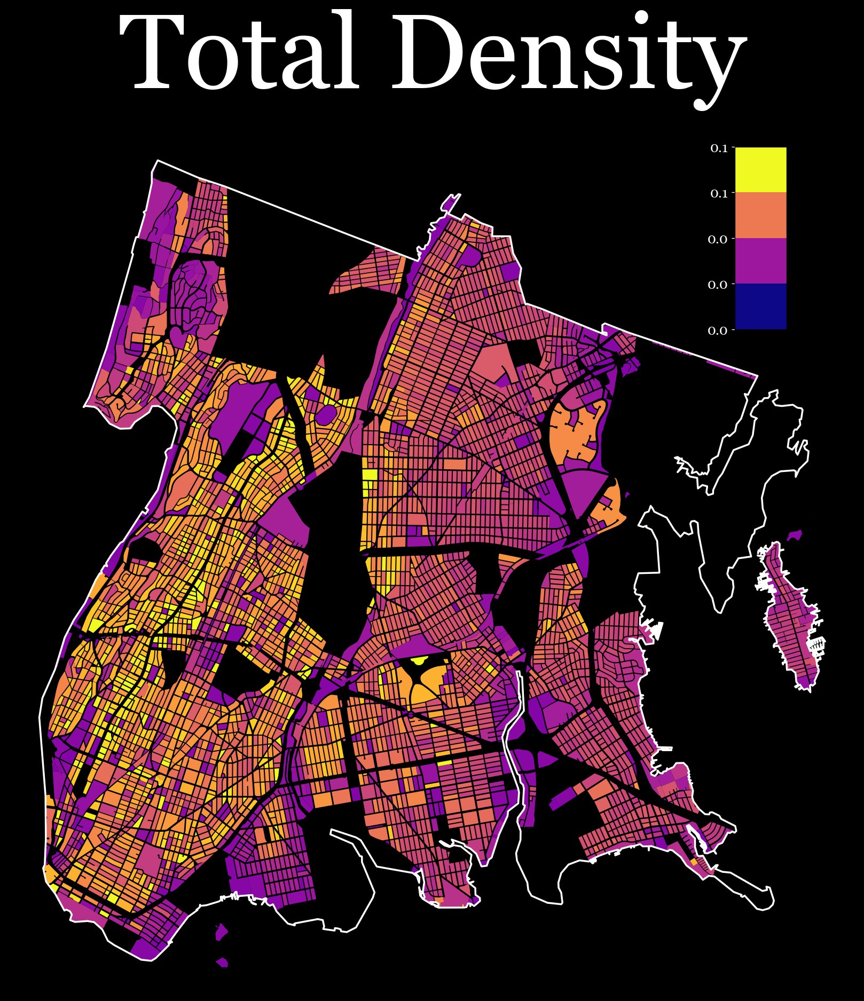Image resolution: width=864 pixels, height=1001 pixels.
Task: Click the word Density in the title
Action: coord(567,56)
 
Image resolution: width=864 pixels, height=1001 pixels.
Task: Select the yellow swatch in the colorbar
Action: coord(760,169)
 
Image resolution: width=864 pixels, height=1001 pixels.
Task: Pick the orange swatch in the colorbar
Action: coord(760,215)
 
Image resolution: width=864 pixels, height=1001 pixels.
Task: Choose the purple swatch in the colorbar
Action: coord(760,261)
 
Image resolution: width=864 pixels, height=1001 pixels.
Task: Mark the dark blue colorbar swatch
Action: coord(760,306)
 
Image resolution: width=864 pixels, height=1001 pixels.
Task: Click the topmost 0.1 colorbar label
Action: coord(719,148)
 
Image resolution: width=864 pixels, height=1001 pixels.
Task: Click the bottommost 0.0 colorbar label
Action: coord(718,331)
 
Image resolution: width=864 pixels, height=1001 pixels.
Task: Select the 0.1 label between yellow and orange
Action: coord(719,194)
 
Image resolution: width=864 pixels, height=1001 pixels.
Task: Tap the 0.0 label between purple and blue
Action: coord(718,285)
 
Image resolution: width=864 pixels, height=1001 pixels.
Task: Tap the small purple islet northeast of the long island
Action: coord(796,534)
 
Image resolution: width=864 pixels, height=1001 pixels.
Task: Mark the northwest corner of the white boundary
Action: coord(157,161)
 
